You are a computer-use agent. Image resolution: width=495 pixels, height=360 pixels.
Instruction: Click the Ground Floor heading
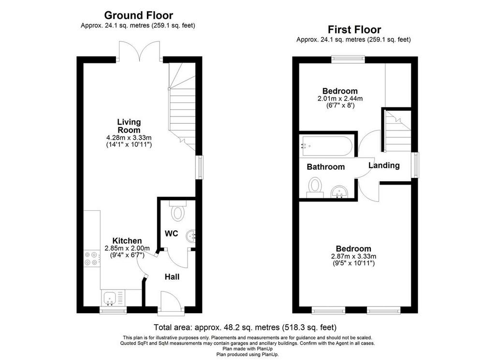pyautogui.click(x=138, y=15)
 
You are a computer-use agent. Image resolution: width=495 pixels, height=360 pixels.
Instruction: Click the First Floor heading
pyautogui.click(x=354, y=29)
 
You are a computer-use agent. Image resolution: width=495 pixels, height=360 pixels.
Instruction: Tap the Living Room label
pyautogui.click(x=129, y=126)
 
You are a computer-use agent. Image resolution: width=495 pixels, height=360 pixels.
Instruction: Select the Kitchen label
pyautogui.click(x=127, y=241)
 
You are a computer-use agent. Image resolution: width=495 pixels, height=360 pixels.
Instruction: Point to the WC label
pyautogui.click(x=172, y=233)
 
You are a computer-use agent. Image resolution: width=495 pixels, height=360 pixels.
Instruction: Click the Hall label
pyautogui.click(x=172, y=277)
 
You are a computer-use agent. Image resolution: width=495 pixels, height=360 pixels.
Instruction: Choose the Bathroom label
pyautogui.click(x=326, y=167)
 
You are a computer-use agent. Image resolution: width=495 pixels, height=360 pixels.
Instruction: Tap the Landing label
pyautogui.click(x=384, y=165)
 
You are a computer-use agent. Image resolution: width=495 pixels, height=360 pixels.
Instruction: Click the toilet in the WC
pyautogui.click(x=178, y=211)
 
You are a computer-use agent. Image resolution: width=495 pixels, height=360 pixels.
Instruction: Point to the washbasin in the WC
pyautogui.click(x=191, y=236)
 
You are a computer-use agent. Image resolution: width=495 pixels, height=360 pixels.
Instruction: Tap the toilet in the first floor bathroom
pyautogui.click(x=315, y=187)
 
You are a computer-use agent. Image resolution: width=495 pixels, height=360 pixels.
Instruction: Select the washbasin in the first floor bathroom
pyautogui.click(x=339, y=191)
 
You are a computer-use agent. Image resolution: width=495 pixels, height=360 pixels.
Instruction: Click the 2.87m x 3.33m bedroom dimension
pyautogui.click(x=353, y=259)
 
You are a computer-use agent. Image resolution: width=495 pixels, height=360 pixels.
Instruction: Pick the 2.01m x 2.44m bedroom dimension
pyautogui.click(x=340, y=102)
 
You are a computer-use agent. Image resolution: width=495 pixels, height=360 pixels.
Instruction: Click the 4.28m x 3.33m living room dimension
pyautogui.click(x=129, y=142)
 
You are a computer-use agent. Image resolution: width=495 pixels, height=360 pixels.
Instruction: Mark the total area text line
pyautogui.click(x=245, y=327)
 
